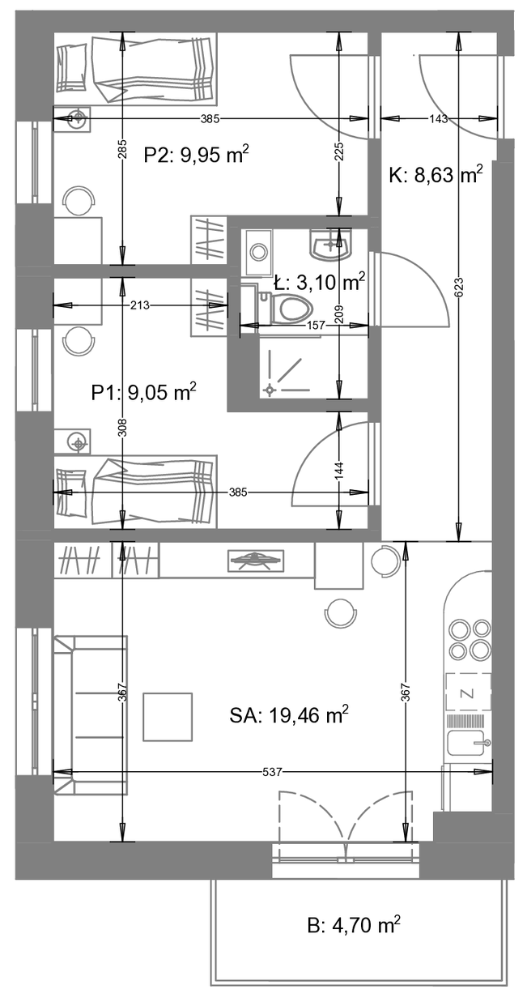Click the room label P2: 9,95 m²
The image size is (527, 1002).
coord(196,155)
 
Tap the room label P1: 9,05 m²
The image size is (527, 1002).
coord(143,392)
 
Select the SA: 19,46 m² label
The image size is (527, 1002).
coord(289,715)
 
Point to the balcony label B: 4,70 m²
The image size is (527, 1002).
coord(354,925)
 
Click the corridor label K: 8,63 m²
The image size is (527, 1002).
coord(436,174)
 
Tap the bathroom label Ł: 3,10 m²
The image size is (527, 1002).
coord(319,283)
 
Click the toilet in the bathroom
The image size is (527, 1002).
coord(285,306)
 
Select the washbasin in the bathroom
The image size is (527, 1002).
coord(330,245)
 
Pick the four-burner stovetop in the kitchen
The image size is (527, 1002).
coord(469,640)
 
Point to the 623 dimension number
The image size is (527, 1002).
coord(460,287)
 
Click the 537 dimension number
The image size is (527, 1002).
coord(272,772)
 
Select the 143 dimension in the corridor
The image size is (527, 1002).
coord(439,118)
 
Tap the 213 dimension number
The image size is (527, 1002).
coord(139,305)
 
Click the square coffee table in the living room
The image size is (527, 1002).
coord(168,717)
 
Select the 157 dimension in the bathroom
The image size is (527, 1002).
coord(316,325)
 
